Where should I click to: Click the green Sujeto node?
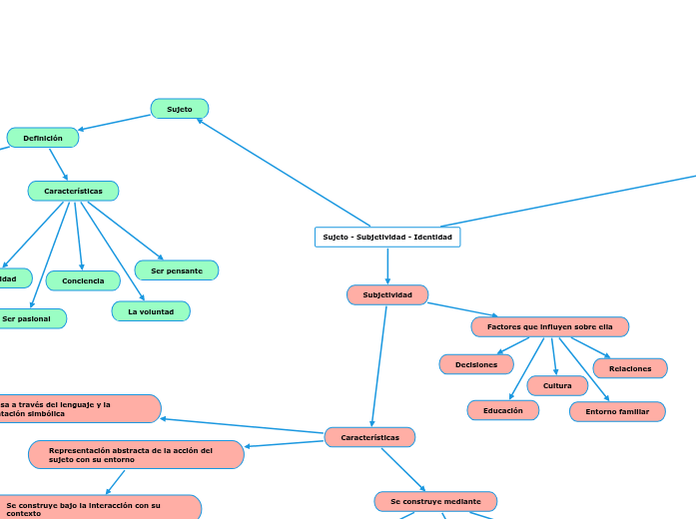180,109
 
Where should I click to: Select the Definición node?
43,138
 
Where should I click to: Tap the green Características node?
73,191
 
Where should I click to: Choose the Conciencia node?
83,281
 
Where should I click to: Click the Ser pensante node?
176,270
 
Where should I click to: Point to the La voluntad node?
151,311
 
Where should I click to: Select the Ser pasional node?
28,318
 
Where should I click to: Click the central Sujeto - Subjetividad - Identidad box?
387,237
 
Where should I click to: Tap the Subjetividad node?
387,295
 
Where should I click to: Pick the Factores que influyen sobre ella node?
549,327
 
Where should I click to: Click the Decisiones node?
476,364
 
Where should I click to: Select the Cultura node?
557,385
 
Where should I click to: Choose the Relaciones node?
630,368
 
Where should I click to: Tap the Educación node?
503,410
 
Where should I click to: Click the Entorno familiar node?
617,411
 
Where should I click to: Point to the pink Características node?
369,437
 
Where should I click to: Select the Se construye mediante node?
435,501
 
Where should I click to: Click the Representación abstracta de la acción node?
136,455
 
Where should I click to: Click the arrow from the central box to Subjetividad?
387,265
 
